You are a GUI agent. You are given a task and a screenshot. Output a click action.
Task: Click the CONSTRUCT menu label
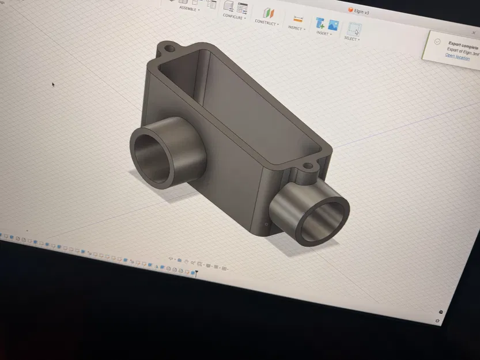click(266, 23)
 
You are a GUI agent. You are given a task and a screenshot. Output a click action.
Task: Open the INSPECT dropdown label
click(296, 28)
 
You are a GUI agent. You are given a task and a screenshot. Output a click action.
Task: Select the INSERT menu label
click(322, 33)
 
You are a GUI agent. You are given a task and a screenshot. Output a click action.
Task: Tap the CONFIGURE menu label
click(233, 17)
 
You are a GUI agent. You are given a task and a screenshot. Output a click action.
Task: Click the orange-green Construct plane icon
click(268, 13)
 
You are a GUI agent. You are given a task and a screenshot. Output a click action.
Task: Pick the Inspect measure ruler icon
click(298, 19)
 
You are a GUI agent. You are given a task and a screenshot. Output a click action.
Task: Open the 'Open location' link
click(458, 57)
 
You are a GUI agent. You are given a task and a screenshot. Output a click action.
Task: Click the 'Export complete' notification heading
click(463, 44)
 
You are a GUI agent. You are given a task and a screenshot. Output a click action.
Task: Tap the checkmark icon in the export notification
click(437, 42)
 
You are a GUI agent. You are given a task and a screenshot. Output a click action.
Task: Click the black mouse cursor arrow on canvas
click(54, 85)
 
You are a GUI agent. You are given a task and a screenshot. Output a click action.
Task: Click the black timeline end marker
click(196, 272)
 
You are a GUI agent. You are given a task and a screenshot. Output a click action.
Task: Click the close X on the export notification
click(474, 33)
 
